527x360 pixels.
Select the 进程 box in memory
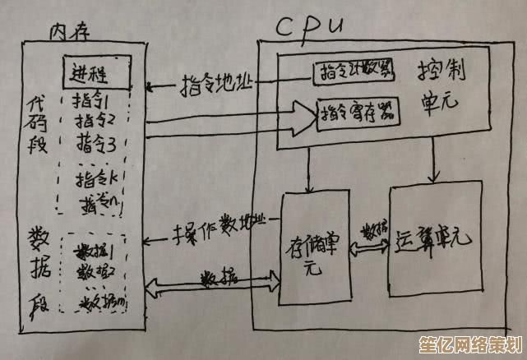(97, 76)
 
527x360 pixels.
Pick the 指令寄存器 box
(355, 110)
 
